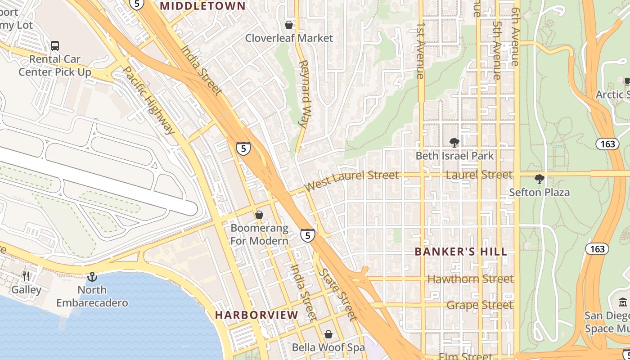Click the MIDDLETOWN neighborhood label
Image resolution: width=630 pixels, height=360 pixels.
click(x=203, y=6)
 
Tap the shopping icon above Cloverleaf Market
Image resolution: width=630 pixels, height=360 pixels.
click(x=289, y=24)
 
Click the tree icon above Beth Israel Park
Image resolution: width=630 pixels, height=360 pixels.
click(x=454, y=143)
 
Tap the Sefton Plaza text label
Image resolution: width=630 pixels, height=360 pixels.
click(x=539, y=193)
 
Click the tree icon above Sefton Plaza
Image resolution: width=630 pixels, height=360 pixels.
click(x=539, y=179)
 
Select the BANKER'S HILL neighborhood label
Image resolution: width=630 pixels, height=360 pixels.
click(x=461, y=252)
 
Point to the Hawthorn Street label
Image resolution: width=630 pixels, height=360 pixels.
click(x=470, y=279)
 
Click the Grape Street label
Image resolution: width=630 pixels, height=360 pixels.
click(x=479, y=305)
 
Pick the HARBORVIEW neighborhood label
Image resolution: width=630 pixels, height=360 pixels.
click(x=256, y=315)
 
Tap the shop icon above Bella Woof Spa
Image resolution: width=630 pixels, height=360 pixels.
click(x=328, y=334)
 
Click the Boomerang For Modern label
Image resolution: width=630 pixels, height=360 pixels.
click(x=259, y=234)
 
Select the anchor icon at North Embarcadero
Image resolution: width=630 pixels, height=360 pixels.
click(x=92, y=276)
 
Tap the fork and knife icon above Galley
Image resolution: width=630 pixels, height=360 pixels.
click(x=26, y=276)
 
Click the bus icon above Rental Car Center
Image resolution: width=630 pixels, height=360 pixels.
click(x=55, y=45)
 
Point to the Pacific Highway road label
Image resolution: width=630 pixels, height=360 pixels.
click(x=148, y=101)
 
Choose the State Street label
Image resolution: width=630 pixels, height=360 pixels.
click(x=337, y=295)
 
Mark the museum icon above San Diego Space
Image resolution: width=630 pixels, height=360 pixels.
click(x=623, y=302)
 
